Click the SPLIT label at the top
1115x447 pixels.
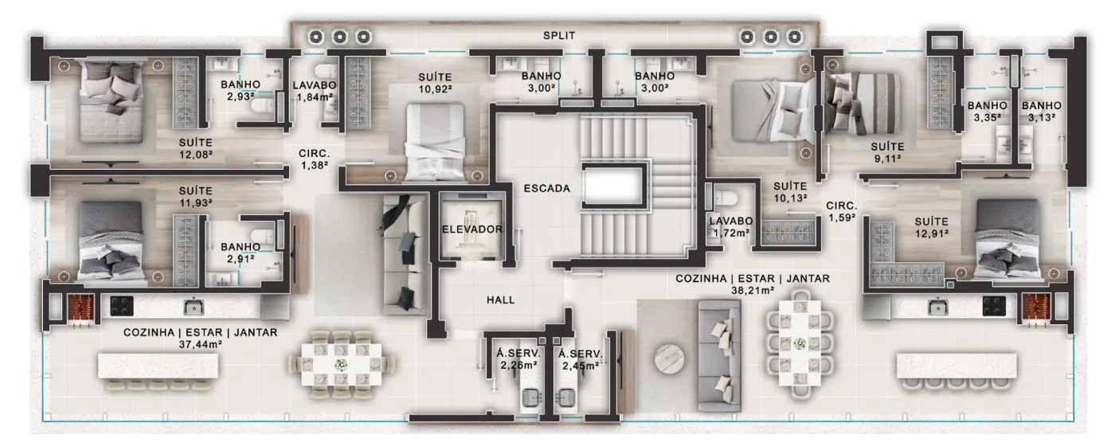[559, 36]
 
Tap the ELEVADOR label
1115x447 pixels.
[472, 229]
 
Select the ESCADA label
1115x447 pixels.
[546, 189]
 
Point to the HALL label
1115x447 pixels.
[500, 300]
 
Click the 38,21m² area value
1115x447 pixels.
[752, 291]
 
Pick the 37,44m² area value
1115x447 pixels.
[200, 344]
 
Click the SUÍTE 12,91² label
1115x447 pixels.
[931, 227]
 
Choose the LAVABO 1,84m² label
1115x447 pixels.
[314, 92]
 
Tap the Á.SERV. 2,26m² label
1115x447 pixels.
[518, 359]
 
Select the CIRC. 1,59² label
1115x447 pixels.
[842, 212]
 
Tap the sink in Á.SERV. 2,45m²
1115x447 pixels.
[566, 398]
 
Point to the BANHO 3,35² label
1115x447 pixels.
[987, 112]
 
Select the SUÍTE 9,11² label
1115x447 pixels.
[887, 153]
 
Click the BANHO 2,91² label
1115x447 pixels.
[241, 253]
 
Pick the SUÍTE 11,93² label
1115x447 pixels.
[196, 197]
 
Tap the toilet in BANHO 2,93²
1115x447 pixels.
[261, 105]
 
